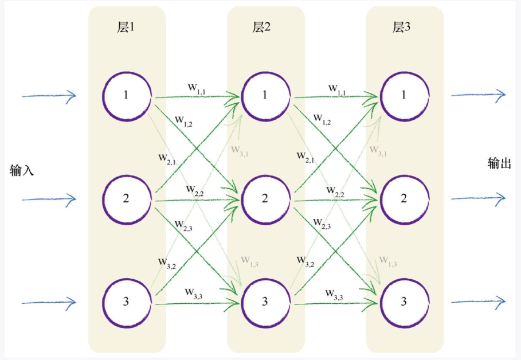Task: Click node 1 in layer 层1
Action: (x=126, y=95)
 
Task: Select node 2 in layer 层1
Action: (x=126, y=199)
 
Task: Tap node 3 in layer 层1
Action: (x=126, y=302)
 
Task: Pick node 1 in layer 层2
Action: (x=265, y=95)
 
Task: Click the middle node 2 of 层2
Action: (x=265, y=199)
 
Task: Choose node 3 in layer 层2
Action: (x=265, y=302)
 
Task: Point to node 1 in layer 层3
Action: (x=404, y=95)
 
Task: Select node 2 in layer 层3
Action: (x=404, y=199)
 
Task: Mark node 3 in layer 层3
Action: (x=404, y=302)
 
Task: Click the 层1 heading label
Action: (x=126, y=28)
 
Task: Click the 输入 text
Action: (x=22, y=170)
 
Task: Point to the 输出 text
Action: (x=499, y=164)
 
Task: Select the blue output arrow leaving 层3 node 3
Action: (x=477, y=301)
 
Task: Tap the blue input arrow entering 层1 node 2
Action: (x=48, y=199)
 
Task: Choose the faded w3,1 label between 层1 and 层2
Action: (x=240, y=150)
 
